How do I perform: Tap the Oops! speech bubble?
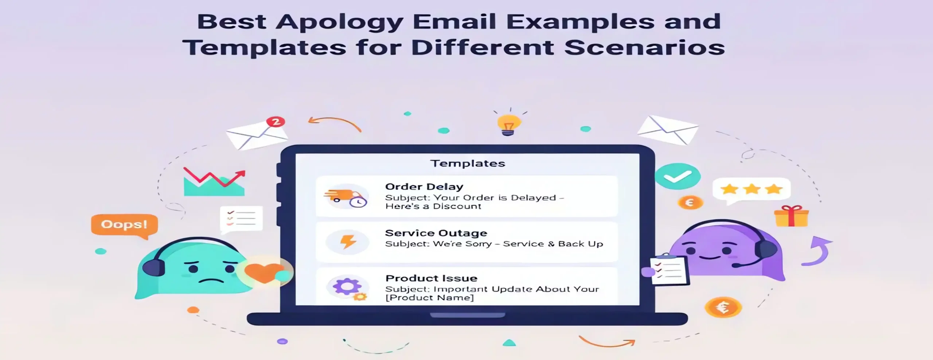click(124, 224)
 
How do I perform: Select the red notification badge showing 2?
click(276, 122)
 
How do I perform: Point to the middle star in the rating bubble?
click(752, 189)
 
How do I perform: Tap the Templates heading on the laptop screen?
click(468, 163)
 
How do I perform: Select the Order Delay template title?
click(424, 187)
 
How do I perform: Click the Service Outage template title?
click(436, 233)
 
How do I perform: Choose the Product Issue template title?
click(431, 278)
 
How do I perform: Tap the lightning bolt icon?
click(348, 242)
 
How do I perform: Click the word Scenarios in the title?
click(644, 48)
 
